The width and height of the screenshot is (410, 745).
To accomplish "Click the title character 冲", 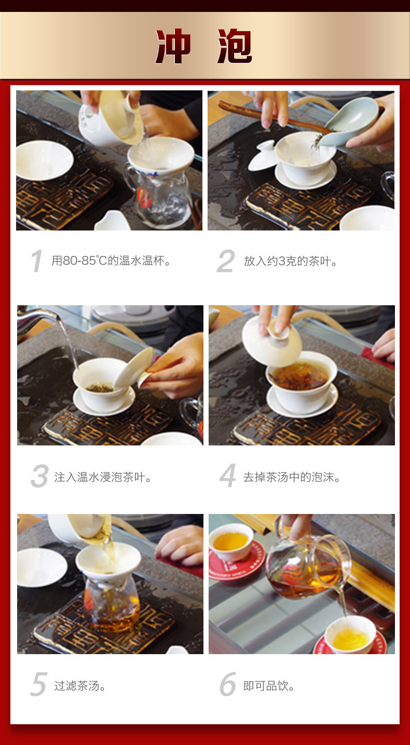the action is click(x=173, y=46).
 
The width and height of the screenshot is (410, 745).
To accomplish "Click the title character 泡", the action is click(x=235, y=46).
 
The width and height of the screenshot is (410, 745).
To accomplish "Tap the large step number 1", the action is click(x=36, y=261).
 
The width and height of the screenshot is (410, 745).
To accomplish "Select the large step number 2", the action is click(x=226, y=261).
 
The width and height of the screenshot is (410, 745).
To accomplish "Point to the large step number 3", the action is click(x=40, y=476).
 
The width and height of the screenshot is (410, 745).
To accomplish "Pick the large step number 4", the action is click(x=228, y=475).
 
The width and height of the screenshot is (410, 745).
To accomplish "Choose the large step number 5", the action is click(x=39, y=684).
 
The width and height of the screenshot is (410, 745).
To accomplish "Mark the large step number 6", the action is click(x=228, y=684).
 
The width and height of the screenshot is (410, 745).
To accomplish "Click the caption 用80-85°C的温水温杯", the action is click(x=111, y=261).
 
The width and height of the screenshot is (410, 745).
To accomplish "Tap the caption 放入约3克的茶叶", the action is click(x=291, y=261).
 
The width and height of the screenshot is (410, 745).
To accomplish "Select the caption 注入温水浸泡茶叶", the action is click(x=103, y=477).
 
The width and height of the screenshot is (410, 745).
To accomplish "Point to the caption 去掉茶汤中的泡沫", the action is click(x=292, y=477).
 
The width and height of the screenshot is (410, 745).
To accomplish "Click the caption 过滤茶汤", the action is click(x=80, y=685).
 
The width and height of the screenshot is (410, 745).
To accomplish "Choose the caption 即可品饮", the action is click(x=269, y=685).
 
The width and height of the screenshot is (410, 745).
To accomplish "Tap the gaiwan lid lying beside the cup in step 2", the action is click(x=263, y=156).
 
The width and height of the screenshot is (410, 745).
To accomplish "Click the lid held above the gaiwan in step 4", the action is click(x=271, y=336).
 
